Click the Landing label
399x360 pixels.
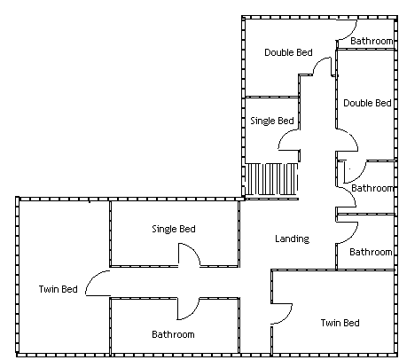coord(292,239)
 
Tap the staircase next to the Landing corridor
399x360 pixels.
coord(271,179)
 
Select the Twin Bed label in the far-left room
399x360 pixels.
coord(58,289)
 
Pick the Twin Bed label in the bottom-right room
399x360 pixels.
coord(340,323)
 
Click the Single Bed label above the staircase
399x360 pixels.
coord(272,121)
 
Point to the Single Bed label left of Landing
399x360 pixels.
coord(174,229)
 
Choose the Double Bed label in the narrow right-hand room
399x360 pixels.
coord(367,103)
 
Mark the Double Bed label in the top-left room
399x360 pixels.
coord(288,52)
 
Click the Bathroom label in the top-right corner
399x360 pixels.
coord(372,41)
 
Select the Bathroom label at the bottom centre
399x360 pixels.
coord(173,334)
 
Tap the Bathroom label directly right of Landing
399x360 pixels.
coord(371,252)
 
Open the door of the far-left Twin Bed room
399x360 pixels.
coord(91,278)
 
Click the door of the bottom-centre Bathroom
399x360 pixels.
coord(193,313)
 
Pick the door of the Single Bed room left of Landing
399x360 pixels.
coord(193,250)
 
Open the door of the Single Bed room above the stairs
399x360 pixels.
coord(284,137)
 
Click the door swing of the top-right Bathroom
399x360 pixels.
coord(352,34)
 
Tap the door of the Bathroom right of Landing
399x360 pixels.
coord(352,237)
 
